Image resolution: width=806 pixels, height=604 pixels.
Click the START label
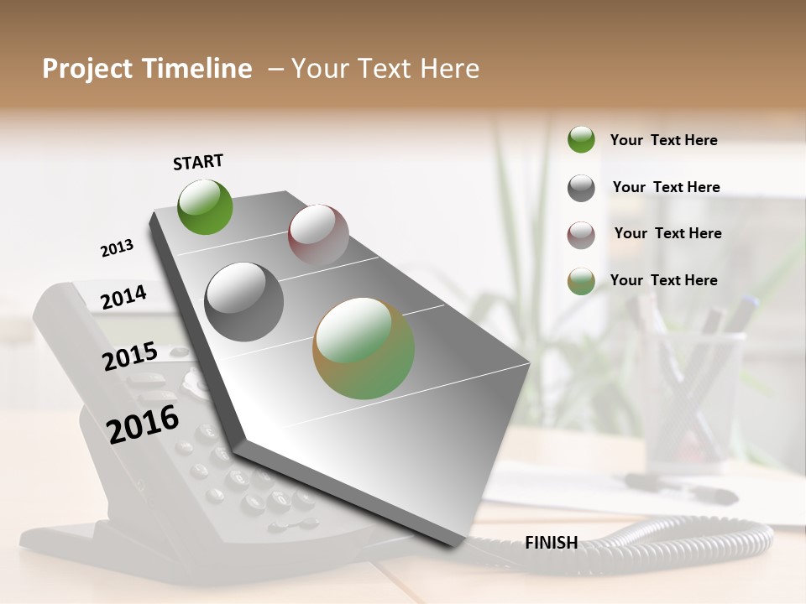[x=198, y=162]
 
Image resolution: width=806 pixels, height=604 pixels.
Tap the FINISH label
[x=551, y=543]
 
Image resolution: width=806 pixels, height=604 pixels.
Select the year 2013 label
[x=117, y=248]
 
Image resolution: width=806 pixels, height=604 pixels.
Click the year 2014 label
[x=123, y=297]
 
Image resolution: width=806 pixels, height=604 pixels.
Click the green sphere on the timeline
[x=205, y=206]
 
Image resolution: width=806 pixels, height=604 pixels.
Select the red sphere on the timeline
[x=318, y=234]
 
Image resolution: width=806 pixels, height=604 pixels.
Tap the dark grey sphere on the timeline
[x=244, y=302]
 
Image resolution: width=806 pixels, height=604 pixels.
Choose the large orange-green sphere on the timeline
[x=364, y=348]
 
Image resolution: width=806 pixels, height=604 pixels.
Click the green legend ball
[x=581, y=139]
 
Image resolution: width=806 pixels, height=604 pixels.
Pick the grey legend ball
[x=581, y=188]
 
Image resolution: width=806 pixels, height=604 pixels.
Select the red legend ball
[x=581, y=235]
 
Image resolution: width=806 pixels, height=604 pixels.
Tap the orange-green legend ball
[x=581, y=281]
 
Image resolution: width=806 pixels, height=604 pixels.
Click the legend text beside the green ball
[x=663, y=140]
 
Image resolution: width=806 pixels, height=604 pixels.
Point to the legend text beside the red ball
[x=667, y=233]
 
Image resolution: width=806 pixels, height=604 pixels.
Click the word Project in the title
[x=86, y=69]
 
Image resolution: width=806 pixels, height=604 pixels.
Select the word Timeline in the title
[x=198, y=69]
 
